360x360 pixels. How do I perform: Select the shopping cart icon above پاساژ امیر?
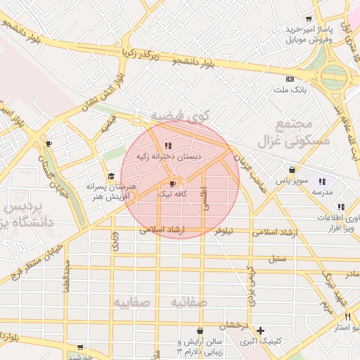(x=309, y=18)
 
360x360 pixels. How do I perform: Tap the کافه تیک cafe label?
(x=172, y=193)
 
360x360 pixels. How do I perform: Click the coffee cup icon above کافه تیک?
(x=173, y=184)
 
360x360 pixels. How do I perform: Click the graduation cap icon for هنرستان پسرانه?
(x=110, y=176)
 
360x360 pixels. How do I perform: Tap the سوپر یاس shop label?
(x=289, y=181)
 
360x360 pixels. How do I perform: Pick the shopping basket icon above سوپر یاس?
(x=292, y=169)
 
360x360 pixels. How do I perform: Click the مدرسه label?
(x=323, y=192)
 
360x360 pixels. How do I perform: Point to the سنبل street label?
(x=277, y=258)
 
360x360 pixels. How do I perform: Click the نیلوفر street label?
(x=224, y=230)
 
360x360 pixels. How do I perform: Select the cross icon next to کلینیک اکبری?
(x=261, y=330)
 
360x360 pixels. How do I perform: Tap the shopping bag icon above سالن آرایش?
(x=200, y=330)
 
